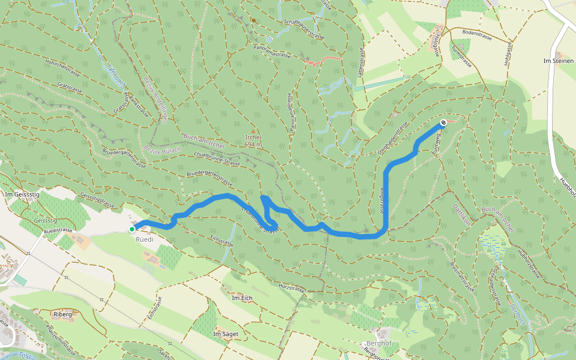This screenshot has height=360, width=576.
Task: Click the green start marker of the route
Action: pyautogui.click(x=132, y=229)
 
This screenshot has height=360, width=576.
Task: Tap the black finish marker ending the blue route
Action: pyautogui.click(x=443, y=123)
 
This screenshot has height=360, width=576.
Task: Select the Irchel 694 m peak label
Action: pyautogui.click(x=253, y=141)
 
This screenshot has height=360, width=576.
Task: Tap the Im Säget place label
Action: pyautogui.click(x=226, y=333)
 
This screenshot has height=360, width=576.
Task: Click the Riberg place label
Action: pyautogui.click(x=62, y=314)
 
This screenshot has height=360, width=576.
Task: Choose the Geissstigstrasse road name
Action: pyautogui.click(x=97, y=200)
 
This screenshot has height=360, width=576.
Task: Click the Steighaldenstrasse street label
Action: pyautogui.click(x=393, y=139)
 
